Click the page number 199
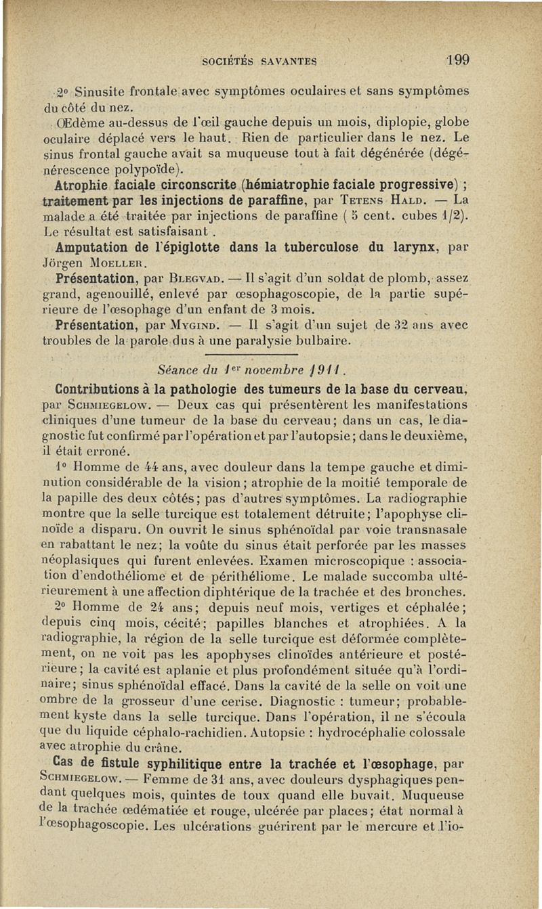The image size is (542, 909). tap(458, 59)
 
